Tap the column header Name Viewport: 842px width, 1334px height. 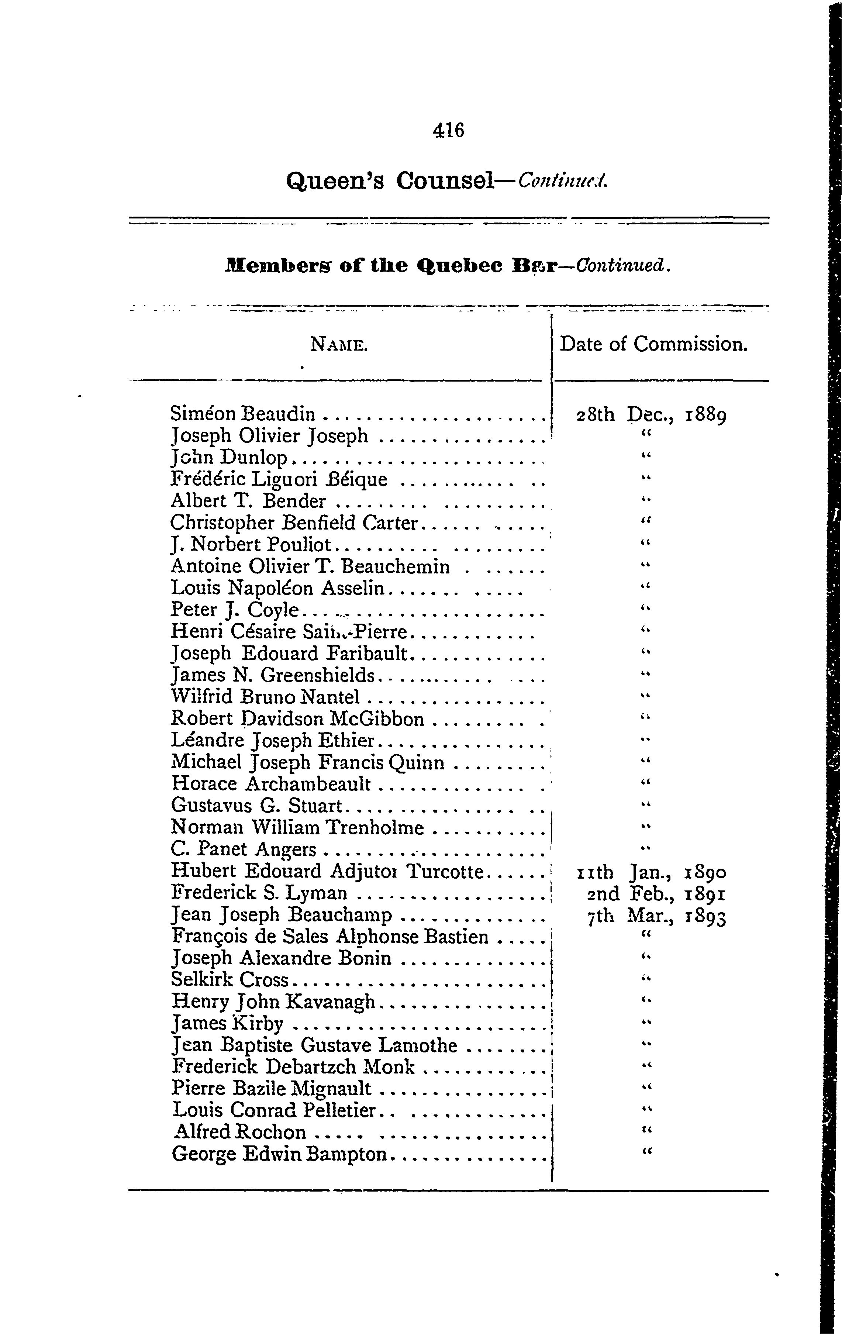[x=339, y=345]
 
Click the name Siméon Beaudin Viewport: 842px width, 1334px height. [x=243, y=414]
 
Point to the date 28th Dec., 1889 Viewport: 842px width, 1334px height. [x=652, y=415]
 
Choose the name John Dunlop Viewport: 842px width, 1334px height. [x=230, y=458]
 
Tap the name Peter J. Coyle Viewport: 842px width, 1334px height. [x=235, y=610]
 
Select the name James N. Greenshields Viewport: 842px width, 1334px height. [x=273, y=675]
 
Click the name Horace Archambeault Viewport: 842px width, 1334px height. [x=271, y=784]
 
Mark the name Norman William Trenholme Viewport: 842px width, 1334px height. [x=297, y=828]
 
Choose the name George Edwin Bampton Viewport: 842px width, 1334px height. [x=279, y=1154]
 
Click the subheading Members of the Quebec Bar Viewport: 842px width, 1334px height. [x=390, y=266]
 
